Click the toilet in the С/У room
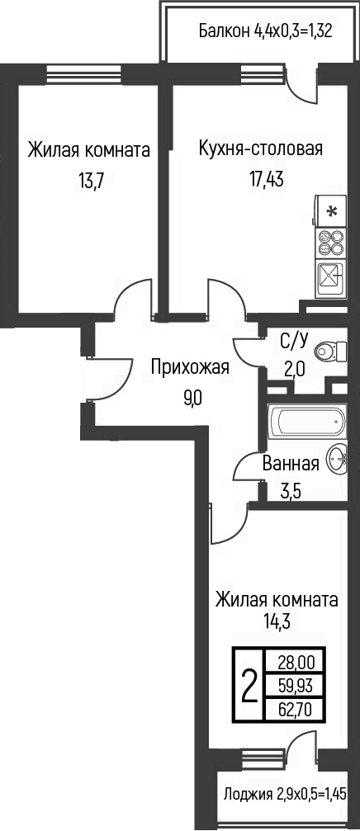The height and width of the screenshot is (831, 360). (329, 351)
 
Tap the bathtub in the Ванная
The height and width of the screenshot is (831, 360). (307, 422)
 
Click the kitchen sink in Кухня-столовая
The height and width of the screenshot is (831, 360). (331, 279)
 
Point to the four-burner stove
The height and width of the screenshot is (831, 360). (331, 243)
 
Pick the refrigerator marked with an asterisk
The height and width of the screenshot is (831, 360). (331, 211)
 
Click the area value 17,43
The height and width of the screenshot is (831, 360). (267, 179)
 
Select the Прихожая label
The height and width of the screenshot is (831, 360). (190, 367)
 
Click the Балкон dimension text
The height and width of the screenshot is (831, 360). (266, 32)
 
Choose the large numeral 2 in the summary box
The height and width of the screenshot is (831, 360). (249, 686)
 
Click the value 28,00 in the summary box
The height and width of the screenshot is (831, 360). (296, 661)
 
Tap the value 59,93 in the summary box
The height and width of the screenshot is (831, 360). (296, 686)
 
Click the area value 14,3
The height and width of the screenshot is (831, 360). (277, 620)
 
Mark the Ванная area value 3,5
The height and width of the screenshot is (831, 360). (291, 493)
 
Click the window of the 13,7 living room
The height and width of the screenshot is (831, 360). (85, 73)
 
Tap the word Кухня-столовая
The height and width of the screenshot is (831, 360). (260, 148)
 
